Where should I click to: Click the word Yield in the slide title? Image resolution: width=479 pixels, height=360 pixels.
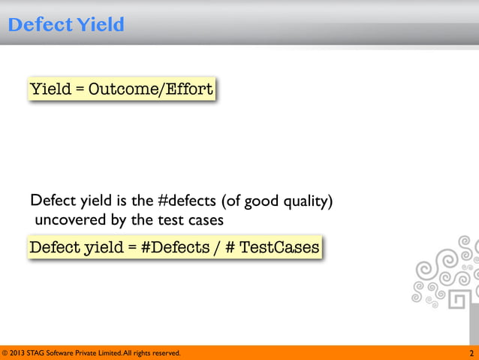[99, 26]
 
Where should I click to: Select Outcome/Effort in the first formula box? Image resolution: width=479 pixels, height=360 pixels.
[151, 90]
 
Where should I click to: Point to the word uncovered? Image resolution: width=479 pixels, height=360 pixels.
[67, 220]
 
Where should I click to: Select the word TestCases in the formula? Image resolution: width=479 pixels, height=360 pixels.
[279, 247]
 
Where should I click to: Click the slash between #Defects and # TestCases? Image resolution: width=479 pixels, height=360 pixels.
[216, 247]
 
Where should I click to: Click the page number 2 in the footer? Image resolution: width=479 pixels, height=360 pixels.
[471, 353]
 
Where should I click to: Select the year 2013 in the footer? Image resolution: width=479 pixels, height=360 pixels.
[20, 353]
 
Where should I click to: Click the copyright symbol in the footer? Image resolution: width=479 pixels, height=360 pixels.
[5, 353]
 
